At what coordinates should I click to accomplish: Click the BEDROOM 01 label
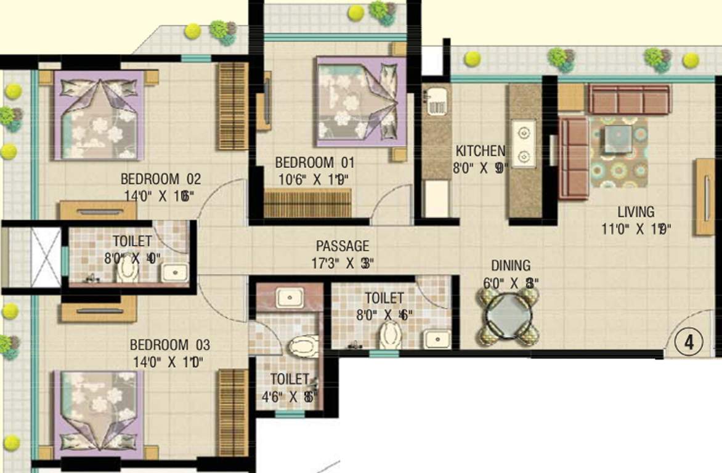pos(315,163)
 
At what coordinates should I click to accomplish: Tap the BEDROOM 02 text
pos(160,180)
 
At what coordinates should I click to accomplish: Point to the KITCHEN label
pos(481,151)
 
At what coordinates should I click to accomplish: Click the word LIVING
pos(636,212)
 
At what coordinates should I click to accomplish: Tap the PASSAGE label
pos(343,246)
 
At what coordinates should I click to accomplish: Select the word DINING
pos(510,266)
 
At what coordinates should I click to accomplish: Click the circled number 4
pos(689,342)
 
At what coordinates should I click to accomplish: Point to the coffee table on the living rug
pos(617,139)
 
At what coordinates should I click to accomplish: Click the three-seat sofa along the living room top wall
pos(628,99)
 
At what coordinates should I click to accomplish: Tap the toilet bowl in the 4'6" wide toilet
pos(302,347)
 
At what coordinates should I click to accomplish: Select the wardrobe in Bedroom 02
pos(233,105)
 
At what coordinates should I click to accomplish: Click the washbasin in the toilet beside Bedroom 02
pos(176,272)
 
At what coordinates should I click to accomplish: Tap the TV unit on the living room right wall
pos(704,197)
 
